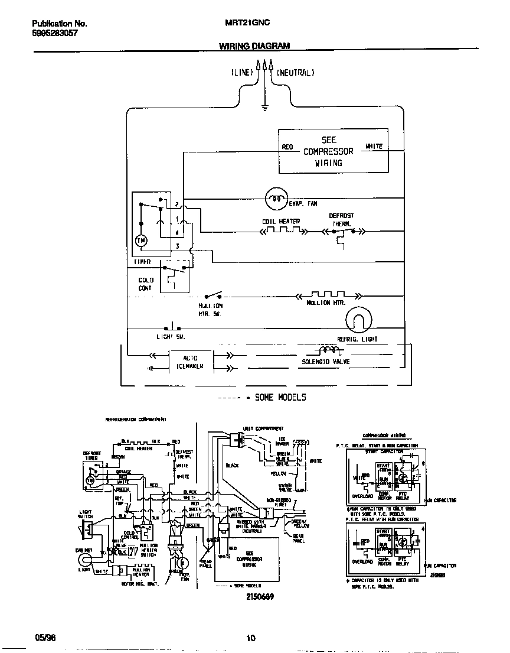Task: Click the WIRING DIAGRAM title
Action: point(254,46)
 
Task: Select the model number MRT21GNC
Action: point(247,24)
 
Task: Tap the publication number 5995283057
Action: point(54,34)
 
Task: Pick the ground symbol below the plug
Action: point(265,108)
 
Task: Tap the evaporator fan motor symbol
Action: point(276,199)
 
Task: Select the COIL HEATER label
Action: point(281,222)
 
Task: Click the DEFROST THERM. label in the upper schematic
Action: point(341,220)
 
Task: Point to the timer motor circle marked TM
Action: point(141,240)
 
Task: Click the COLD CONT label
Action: point(145,284)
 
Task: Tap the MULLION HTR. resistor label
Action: point(326,303)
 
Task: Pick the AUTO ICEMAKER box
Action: point(190,362)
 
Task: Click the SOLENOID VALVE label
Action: point(326,362)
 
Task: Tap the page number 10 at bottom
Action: point(250,638)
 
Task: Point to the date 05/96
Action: point(43,638)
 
